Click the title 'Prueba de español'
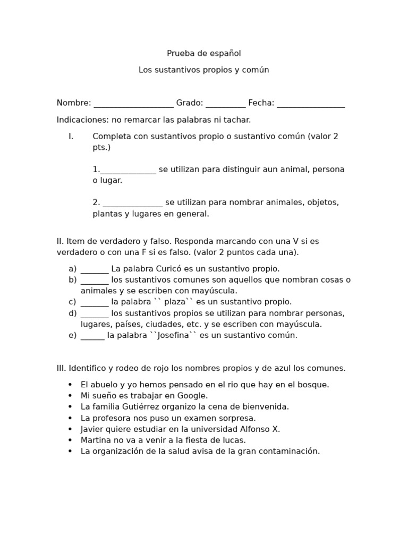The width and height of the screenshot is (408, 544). tap(203, 54)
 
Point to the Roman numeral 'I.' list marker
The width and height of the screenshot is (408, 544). tap(71, 137)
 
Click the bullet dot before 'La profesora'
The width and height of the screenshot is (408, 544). tap(70, 419)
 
